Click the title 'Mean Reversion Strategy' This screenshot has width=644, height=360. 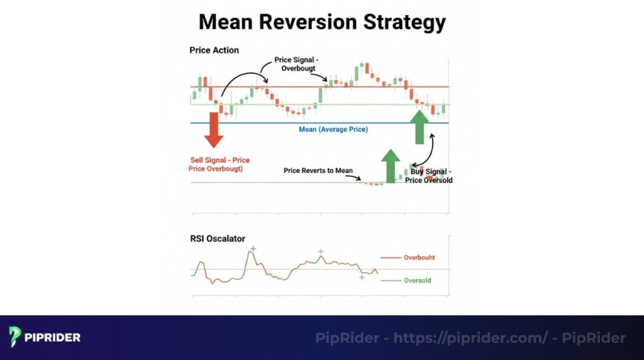point(322,22)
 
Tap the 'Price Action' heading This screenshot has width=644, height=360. point(214,50)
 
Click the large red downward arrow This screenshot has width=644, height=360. point(214,129)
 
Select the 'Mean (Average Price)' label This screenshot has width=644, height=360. point(333,129)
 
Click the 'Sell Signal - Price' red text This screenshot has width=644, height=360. point(220,160)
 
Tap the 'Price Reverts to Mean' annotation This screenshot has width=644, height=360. point(318,171)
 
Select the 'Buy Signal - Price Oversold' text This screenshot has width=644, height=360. point(431,176)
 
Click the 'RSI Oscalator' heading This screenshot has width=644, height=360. point(217,239)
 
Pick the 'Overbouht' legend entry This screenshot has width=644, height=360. point(419,257)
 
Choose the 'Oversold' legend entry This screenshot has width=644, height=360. point(417,280)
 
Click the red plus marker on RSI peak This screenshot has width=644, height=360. point(253,249)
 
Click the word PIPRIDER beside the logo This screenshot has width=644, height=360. point(53,337)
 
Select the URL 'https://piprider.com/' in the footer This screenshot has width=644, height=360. point(470,338)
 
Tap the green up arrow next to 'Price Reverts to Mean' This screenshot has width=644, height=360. point(391,165)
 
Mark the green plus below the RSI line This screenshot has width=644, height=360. point(362,277)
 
